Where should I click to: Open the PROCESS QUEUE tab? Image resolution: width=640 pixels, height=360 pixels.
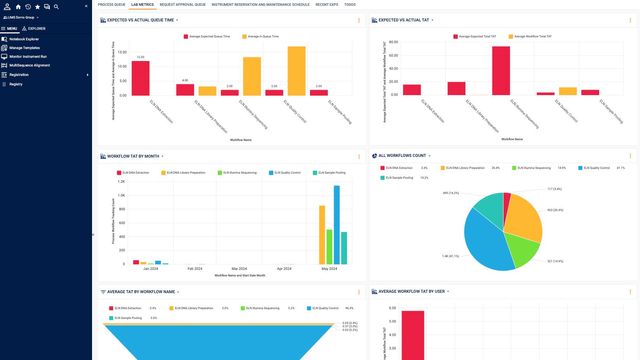pyautogui.click(x=111, y=4)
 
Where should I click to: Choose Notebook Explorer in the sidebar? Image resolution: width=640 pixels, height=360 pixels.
pyautogui.click(x=27, y=38)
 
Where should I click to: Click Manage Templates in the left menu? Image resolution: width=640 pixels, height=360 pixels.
pyautogui.click(x=27, y=47)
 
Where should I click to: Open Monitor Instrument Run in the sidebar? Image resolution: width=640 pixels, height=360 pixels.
pyautogui.click(x=31, y=56)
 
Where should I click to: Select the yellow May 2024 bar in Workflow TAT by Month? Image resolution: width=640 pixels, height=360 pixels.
pyautogui.click(x=321, y=234)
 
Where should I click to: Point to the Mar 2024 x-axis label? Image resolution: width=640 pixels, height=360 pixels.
pyautogui.click(x=238, y=269)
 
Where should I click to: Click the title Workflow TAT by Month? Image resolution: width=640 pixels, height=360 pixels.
pyautogui.click(x=136, y=156)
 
